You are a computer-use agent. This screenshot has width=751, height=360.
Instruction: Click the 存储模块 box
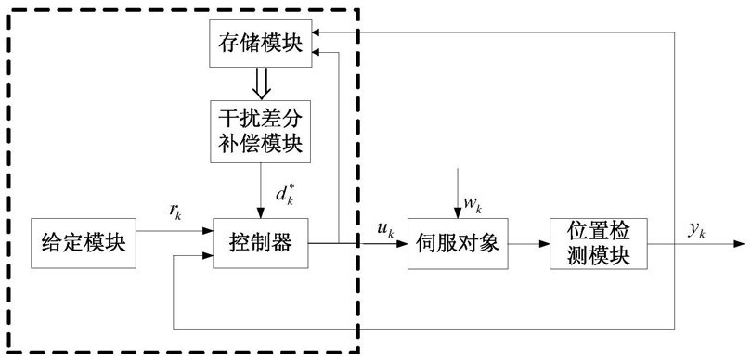[x=261, y=45]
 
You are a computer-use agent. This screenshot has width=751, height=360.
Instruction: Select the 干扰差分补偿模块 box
[x=261, y=131]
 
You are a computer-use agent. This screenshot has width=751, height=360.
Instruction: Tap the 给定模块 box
[x=84, y=243]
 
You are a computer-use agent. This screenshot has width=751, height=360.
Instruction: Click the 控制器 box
[x=261, y=243]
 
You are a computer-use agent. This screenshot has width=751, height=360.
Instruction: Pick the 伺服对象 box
[x=458, y=243]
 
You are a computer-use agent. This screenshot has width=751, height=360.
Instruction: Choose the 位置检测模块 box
[x=599, y=243]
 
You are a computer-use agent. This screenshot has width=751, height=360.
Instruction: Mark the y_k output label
[x=696, y=230]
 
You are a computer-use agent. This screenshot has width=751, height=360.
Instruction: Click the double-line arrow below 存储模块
[x=261, y=83]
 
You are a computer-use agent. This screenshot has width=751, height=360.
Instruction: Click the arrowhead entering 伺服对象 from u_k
[x=402, y=244]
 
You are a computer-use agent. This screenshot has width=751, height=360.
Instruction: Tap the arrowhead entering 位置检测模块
[x=545, y=244]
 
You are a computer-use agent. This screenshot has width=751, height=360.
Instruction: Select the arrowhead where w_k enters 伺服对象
[x=458, y=213]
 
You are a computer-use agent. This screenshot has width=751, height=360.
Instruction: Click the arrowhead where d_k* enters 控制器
[x=261, y=213]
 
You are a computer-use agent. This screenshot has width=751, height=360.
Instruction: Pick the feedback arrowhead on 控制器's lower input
[x=207, y=256]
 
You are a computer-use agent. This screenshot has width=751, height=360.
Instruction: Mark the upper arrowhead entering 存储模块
[x=317, y=32]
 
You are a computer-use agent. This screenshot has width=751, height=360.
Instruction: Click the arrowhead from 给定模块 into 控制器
[x=207, y=231]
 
